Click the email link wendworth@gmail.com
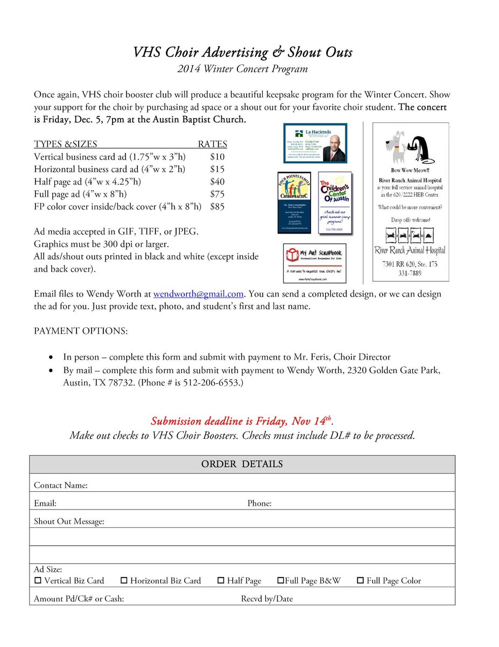pyautogui.click(x=199, y=294)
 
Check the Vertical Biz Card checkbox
pyautogui.click(x=38, y=581)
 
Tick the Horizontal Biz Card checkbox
pyautogui.click(x=124, y=581)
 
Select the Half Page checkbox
pyautogui.click(x=221, y=581)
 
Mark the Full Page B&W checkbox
pyautogui.click(x=280, y=581)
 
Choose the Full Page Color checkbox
pyautogui.click(x=360, y=581)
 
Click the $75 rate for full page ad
pyautogui.click(x=217, y=194)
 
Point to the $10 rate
pyautogui.click(x=217, y=157)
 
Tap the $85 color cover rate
pyautogui.click(x=217, y=207)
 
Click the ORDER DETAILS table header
pyautogui.click(x=242, y=464)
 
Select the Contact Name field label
pyautogui.click(x=61, y=485)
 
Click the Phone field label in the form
pyautogui.click(x=259, y=504)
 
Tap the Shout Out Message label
pyautogui.click(x=69, y=521)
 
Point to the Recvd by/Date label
pyautogui.click(x=267, y=598)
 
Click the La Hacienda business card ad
pyautogui.click(x=315, y=143)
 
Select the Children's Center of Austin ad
pyautogui.click(x=335, y=203)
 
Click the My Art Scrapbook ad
pyautogui.click(x=314, y=263)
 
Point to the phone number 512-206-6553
pyautogui.click(x=211, y=383)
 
